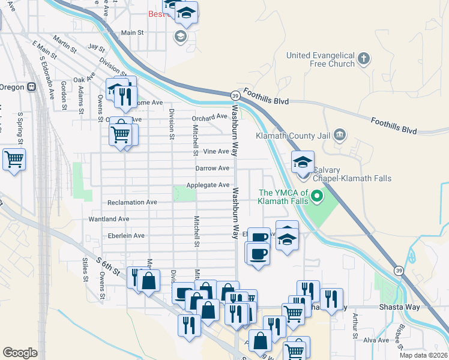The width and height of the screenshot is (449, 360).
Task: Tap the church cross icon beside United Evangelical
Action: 363,59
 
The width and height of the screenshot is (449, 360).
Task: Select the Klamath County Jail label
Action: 294,136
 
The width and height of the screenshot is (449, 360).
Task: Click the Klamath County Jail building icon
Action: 339,134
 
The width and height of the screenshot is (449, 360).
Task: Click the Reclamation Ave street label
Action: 131,202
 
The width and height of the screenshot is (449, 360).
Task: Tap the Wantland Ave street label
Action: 109,219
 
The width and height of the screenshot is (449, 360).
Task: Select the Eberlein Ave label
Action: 122,236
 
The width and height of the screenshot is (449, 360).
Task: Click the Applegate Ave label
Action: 208,185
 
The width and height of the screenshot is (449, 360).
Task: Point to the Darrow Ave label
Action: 212,169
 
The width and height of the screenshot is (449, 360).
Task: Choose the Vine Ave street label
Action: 216,152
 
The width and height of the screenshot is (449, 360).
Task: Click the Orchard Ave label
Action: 209,117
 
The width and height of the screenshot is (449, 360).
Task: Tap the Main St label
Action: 133,33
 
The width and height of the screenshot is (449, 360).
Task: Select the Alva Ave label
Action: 376,340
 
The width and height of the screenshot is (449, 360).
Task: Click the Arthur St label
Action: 355,324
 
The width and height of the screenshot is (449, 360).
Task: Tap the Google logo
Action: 20,352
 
